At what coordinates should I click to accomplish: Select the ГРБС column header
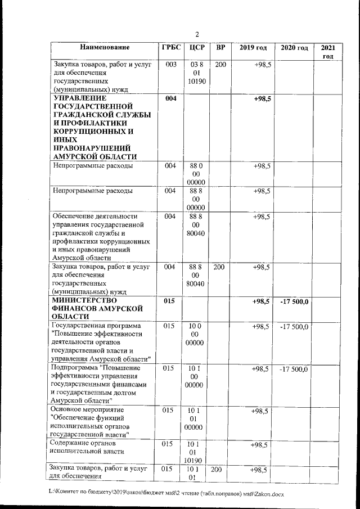point(170,48)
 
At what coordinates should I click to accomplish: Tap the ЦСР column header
point(196,48)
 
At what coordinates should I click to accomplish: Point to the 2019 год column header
point(253,48)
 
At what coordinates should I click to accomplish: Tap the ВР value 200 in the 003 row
point(220,65)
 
